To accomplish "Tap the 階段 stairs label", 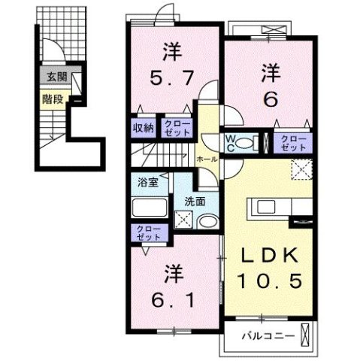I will [52, 97].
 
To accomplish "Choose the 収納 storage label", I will [144, 128].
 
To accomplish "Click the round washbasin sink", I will [210, 220].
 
